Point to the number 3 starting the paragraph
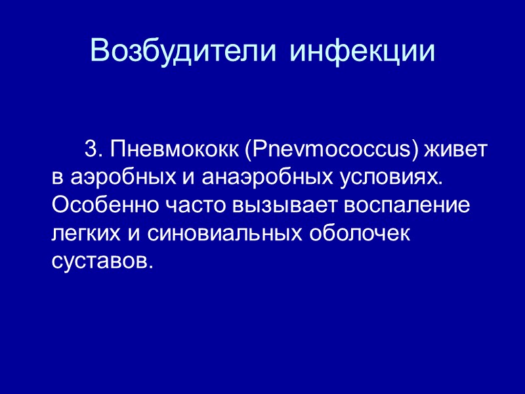[x=91, y=150]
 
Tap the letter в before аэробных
[x=56, y=178]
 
